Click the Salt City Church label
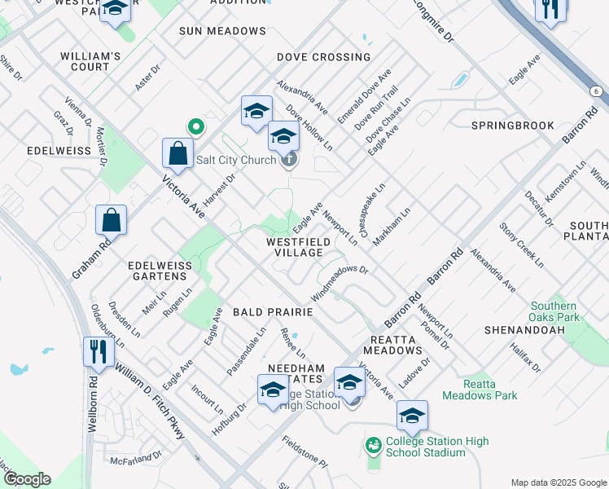(x=236, y=160)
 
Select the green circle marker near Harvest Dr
(x=195, y=126)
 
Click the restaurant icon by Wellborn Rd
(x=95, y=352)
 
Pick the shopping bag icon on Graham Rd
(x=112, y=220)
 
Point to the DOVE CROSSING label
(x=323, y=57)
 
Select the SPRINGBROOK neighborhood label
(x=513, y=126)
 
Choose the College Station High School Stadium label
(x=437, y=447)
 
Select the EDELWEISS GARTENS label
(x=160, y=271)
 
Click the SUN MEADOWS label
(x=222, y=31)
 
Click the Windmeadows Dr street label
(x=340, y=281)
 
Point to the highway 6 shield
(x=597, y=92)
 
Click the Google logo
(x=27, y=479)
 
